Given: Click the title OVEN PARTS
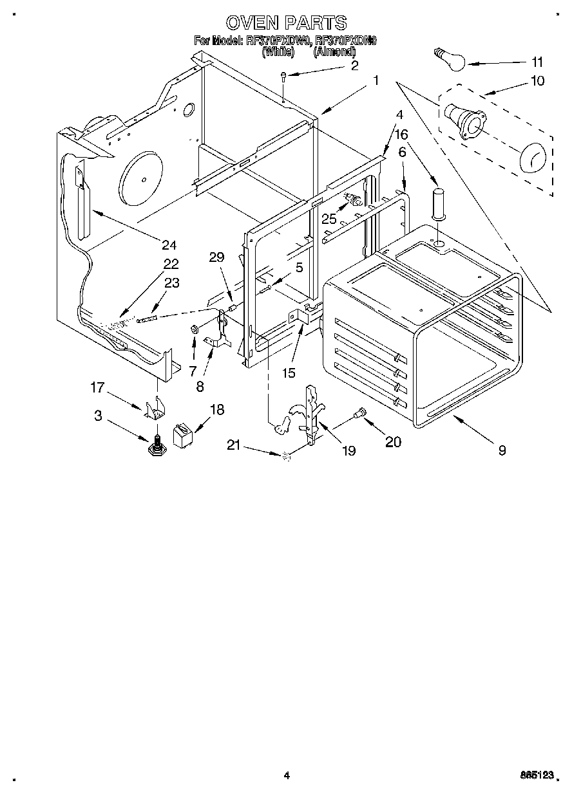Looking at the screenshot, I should point(286,23).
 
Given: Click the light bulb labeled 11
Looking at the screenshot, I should point(449,59).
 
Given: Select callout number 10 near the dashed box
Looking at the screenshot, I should point(537,80).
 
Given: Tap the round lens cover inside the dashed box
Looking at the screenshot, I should point(532,156).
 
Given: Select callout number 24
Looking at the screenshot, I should point(169,245).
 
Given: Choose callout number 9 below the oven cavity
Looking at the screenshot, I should point(502,450).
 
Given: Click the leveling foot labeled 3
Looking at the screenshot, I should point(156,446).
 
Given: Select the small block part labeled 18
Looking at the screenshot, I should point(183,434).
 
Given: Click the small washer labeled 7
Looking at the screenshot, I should point(193,331).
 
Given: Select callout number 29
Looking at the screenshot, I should point(217,257).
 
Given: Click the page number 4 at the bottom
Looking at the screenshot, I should point(286,776).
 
